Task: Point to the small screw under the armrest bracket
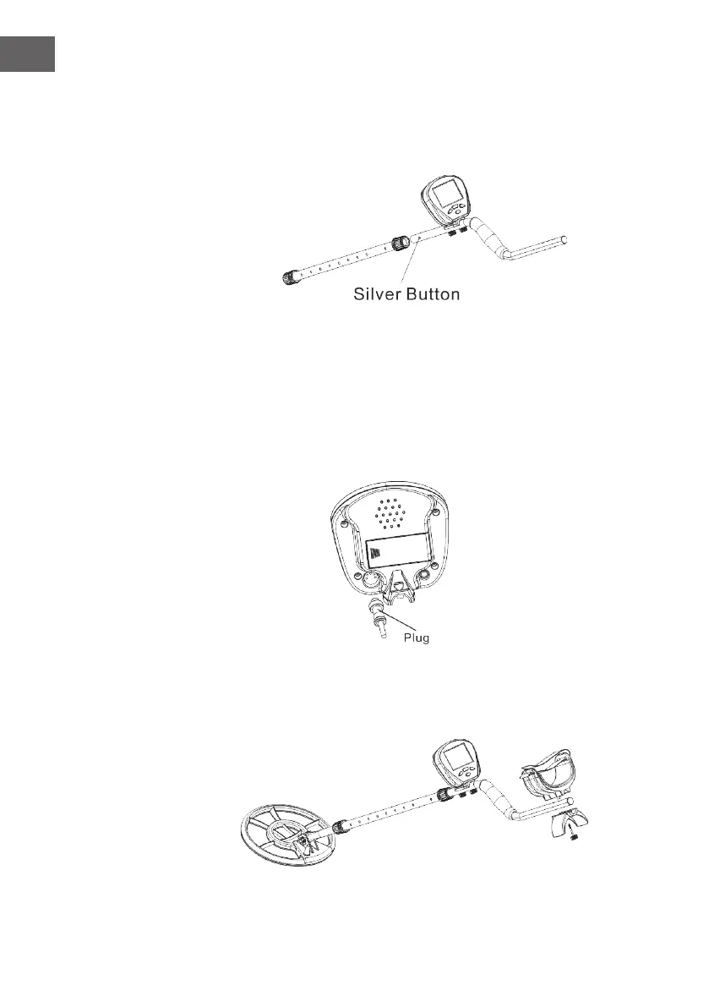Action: tap(575, 840)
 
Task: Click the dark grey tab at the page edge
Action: tap(27, 54)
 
